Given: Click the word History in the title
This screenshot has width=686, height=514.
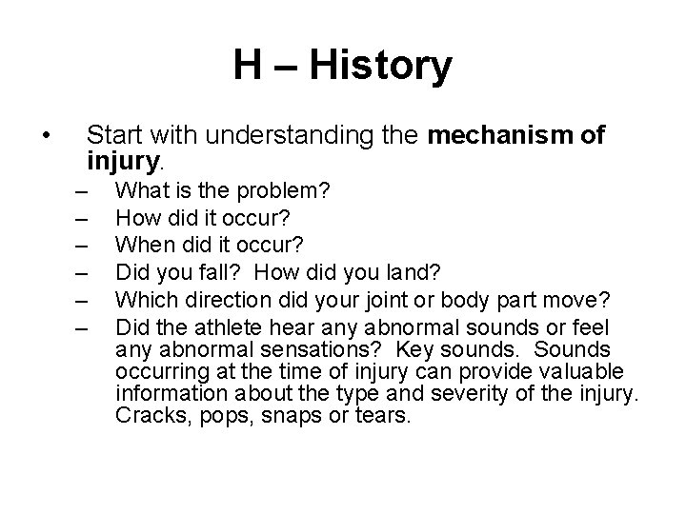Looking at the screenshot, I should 382,67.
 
